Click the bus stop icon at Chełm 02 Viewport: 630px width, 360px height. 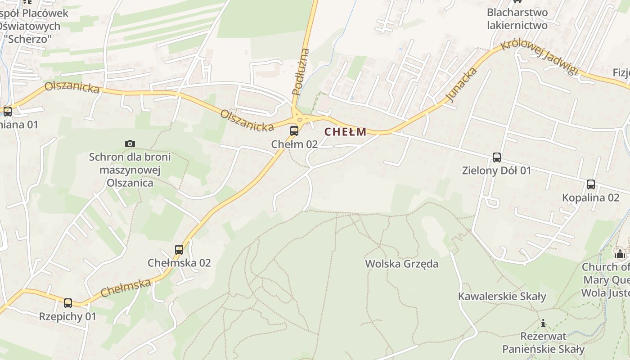pos(294,131)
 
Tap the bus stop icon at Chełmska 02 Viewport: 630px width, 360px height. pos(179,249)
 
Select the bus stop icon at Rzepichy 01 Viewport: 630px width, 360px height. pos(68,303)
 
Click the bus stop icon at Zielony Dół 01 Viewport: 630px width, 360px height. pos(497,157)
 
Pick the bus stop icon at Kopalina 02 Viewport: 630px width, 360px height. pos(590,184)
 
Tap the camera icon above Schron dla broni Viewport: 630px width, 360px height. pos(130,144)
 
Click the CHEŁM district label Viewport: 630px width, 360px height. pos(345,132)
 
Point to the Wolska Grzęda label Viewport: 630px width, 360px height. pos(401,264)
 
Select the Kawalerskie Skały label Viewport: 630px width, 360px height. pos(502,297)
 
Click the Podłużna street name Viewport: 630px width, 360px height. pos(301,72)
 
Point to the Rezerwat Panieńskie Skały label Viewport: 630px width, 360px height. pos(543,342)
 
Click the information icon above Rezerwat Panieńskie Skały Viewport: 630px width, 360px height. pos(543,323)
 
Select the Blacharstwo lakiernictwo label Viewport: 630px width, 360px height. pos(517,19)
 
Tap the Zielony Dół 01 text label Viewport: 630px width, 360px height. pos(496,171)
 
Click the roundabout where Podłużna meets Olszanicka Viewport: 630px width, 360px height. pos(299,119)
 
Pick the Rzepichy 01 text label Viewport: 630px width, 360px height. pos(67,316)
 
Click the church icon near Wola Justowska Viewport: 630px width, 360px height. pos(620,254)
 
